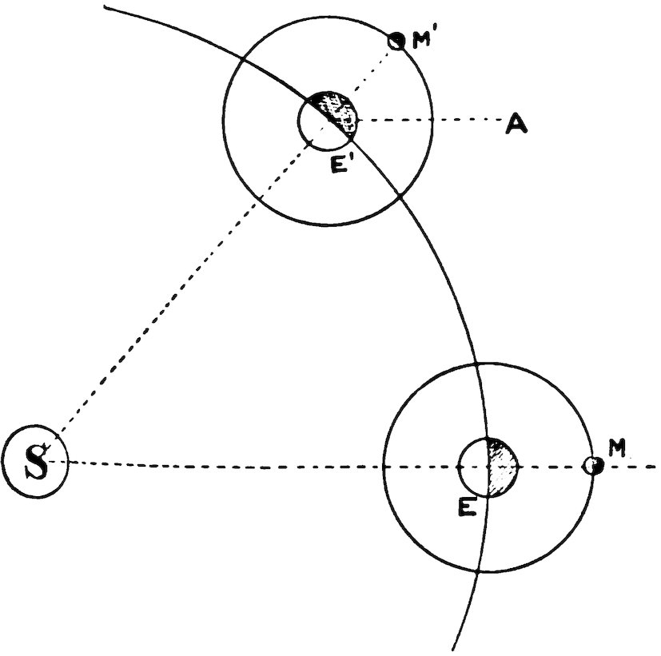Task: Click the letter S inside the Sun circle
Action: [35, 462]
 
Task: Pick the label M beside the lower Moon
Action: [615, 449]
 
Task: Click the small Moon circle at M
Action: [593, 466]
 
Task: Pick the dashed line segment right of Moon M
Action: [631, 467]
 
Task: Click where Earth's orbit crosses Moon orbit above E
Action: [477, 364]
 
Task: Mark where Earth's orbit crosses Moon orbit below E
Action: [479, 571]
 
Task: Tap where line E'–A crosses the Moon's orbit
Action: [434, 121]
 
